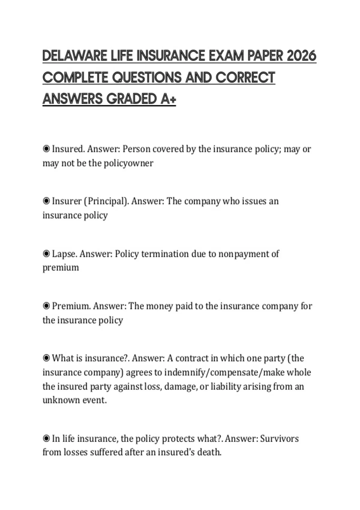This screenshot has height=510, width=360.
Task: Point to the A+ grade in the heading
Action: (x=168, y=99)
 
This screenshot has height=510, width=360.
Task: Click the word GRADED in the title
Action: (x=131, y=99)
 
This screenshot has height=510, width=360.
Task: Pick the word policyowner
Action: (x=128, y=163)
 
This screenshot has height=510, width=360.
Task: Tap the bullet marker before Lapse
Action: (x=46, y=254)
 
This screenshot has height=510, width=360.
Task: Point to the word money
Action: (x=155, y=306)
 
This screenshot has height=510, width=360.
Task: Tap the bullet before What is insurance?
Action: (x=46, y=358)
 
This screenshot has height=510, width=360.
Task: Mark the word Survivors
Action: (x=279, y=439)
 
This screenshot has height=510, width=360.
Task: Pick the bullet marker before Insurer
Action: (x=46, y=201)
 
